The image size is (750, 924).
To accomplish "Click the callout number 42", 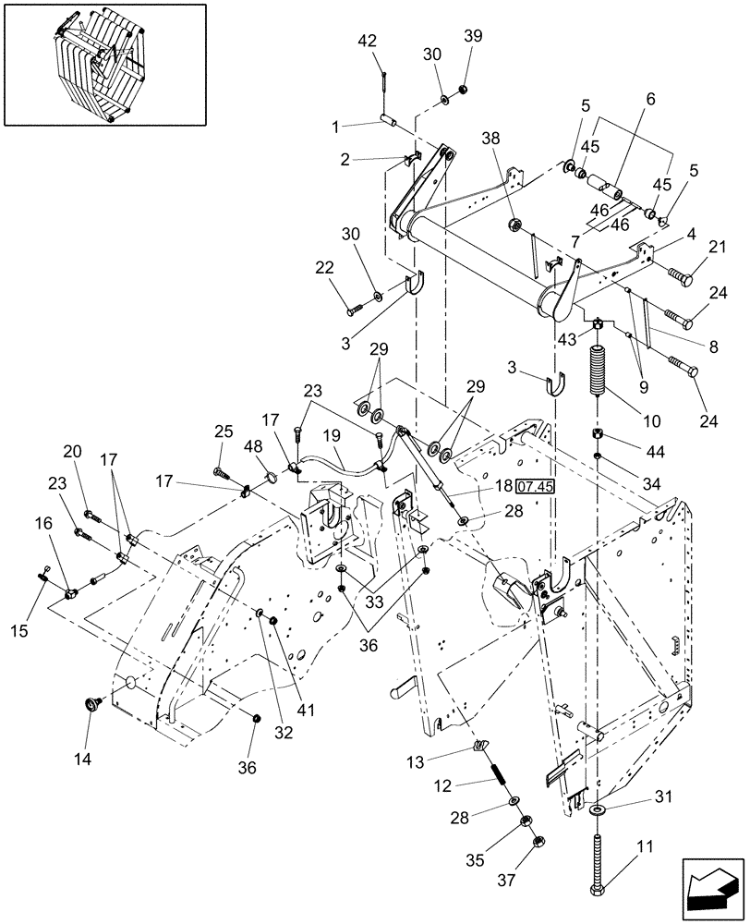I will (367, 41).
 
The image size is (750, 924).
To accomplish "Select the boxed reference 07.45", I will (532, 484).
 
